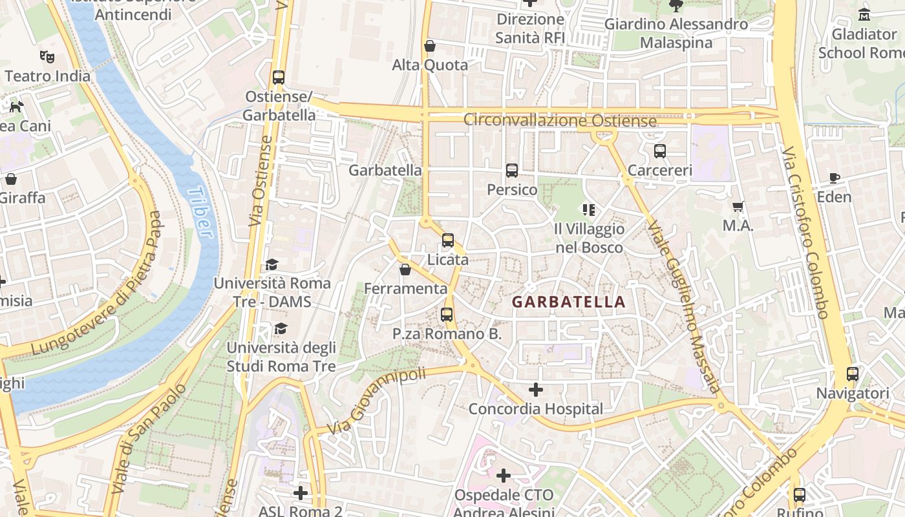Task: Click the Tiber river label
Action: point(201,213)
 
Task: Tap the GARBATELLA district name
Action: point(568,302)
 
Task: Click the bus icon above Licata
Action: point(448,240)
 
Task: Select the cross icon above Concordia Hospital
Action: point(535,390)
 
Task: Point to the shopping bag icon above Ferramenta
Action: point(405,269)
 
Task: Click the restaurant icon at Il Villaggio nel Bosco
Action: point(589,209)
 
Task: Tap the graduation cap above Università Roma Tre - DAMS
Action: point(271,265)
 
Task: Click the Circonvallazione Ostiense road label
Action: point(560,121)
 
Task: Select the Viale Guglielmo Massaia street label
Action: point(684,307)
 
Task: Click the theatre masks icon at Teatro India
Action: point(47,57)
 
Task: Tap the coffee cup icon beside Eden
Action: point(835,178)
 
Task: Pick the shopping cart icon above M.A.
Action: point(738,207)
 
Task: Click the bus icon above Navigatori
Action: point(852,374)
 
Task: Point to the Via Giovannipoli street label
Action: point(376,401)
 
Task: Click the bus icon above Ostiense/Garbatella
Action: point(279,78)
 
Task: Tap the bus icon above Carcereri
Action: point(659,151)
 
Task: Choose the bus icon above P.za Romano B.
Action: point(447,315)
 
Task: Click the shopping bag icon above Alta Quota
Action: point(430,46)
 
